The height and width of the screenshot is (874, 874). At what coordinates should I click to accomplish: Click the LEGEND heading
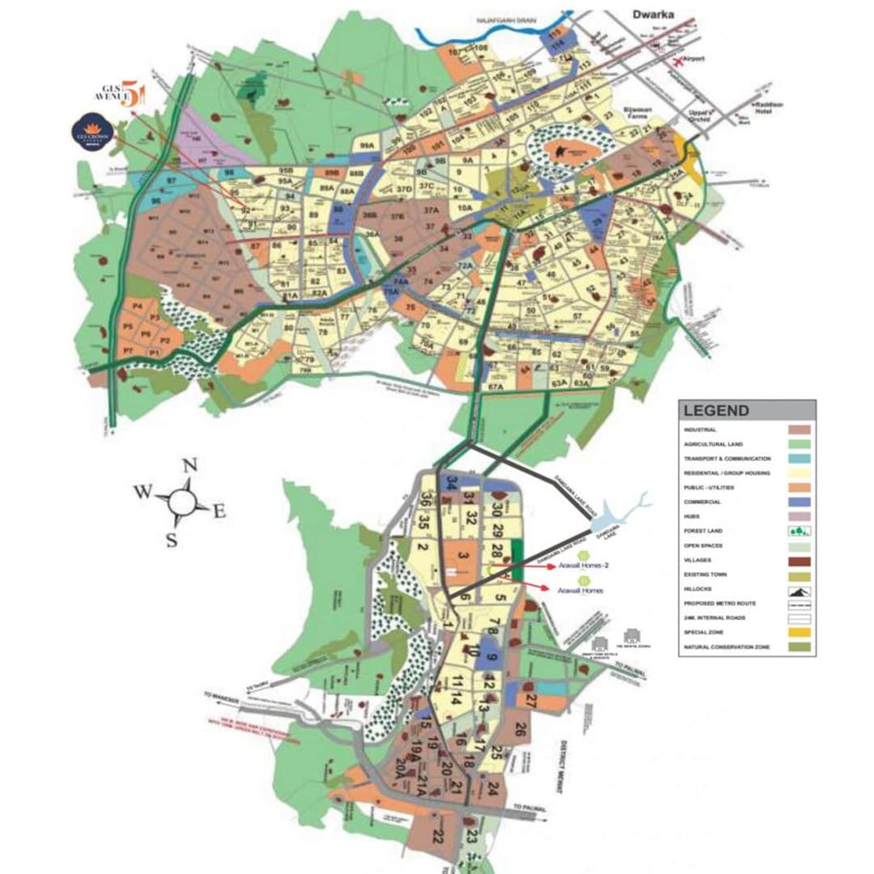716,411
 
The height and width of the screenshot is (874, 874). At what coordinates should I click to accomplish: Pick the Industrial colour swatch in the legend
799,430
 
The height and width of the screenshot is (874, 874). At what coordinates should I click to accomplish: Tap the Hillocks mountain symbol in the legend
799,589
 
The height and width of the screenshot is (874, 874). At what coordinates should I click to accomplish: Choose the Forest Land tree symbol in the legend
799,531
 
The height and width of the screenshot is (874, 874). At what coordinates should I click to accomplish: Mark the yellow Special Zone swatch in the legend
799,632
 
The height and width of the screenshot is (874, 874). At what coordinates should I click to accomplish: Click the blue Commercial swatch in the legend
799,502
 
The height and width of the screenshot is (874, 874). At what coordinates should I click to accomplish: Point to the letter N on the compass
189,465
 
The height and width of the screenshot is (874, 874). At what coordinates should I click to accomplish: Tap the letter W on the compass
143,492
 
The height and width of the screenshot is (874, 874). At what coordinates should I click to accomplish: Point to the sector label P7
127,351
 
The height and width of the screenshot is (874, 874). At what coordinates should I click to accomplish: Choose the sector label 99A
367,146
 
